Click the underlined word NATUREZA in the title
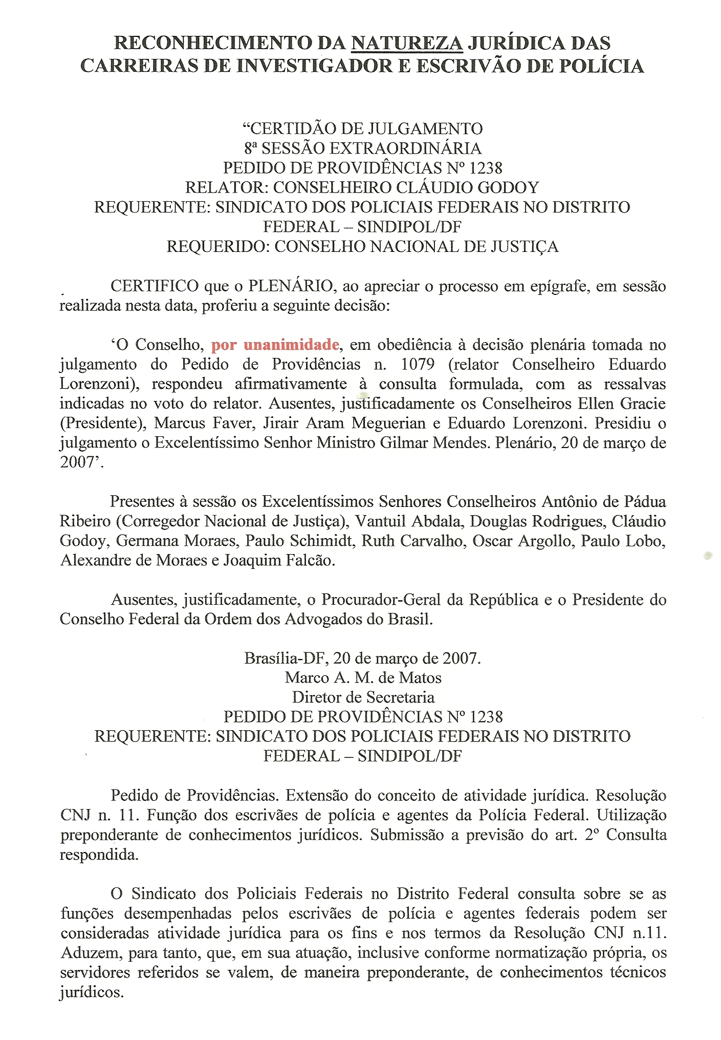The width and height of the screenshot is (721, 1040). click(x=407, y=43)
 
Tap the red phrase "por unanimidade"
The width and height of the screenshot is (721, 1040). click(x=275, y=345)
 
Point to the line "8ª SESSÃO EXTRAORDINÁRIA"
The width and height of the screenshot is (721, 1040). click(x=363, y=148)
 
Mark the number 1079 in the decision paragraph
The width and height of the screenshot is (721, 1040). click(x=418, y=364)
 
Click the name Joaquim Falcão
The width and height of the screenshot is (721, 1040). click(x=279, y=560)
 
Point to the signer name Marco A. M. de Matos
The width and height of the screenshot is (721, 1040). click(x=363, y=677)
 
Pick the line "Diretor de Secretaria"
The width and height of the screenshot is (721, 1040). click(x=363, y=697)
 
